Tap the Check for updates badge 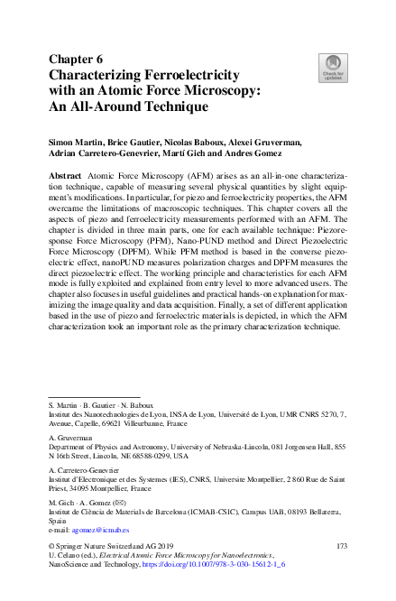click(x=333, y=66)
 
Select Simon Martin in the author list click(x=74, y=143)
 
